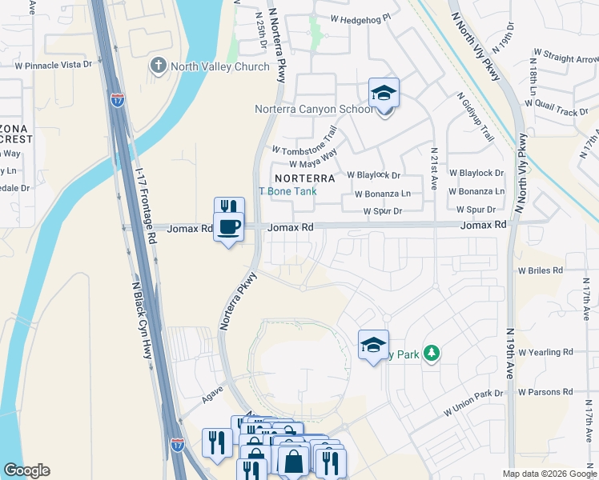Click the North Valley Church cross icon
[158, 66]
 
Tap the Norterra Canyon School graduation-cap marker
[384, 94]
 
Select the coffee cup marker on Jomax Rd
[228, 228]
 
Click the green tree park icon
[432, 352]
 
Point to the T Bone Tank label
[287, 191]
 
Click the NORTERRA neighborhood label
[304, 177]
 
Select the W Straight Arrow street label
[565, 57]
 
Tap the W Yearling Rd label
[545, 351]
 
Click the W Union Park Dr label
[474, 402]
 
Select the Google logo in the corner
[26, 470]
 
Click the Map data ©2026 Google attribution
[549, 474]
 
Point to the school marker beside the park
[372, 346]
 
